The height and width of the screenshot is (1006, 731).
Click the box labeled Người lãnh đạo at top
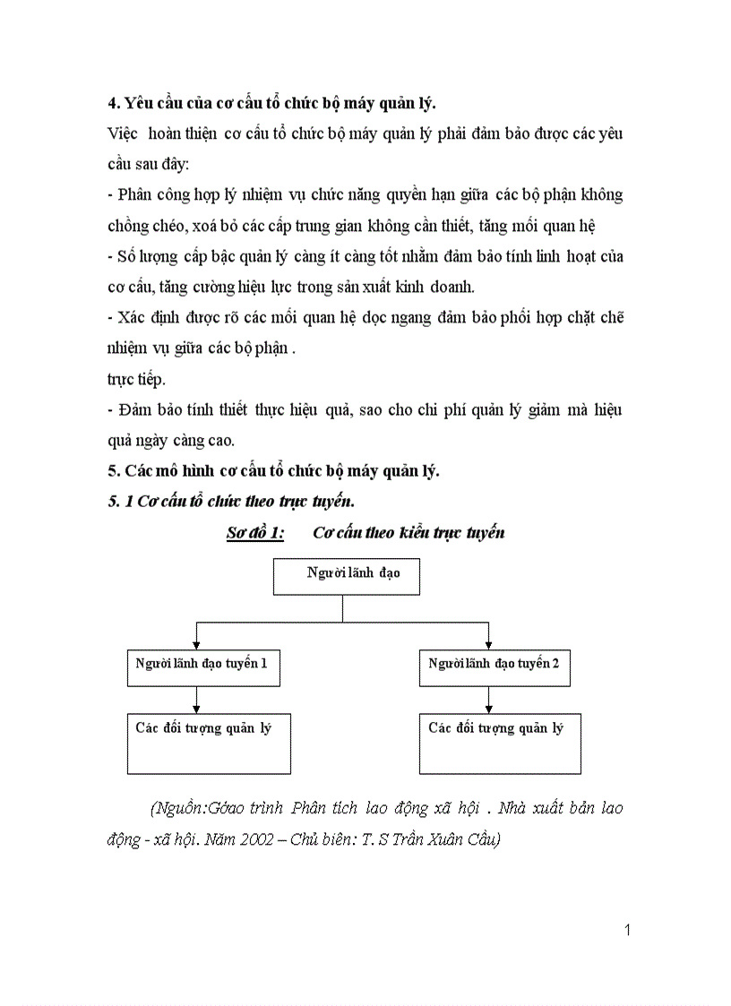pos(346,576)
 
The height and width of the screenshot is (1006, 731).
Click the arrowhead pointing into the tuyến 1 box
pos(196,643)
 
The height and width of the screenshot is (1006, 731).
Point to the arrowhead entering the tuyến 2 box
pos(488,643)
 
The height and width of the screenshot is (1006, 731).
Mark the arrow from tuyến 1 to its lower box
pos(196,700)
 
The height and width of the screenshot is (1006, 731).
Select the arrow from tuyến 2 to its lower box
pos(488,700)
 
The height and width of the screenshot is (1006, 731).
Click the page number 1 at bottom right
pos(627,930)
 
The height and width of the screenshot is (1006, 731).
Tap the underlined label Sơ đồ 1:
pos(255,533)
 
